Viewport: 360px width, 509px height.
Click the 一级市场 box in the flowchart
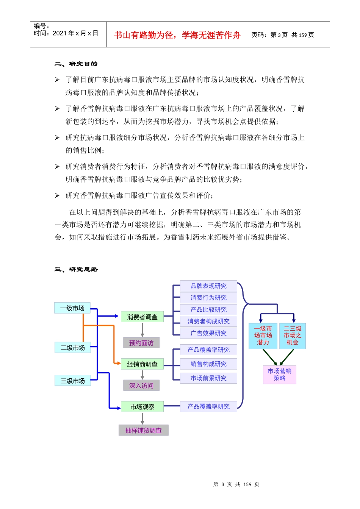pyautogui.click(x=72, y=308)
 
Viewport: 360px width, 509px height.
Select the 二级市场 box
pyautogui.click(x=72, y=348)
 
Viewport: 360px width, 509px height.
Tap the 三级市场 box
pyautogui.click(x=72, y=381)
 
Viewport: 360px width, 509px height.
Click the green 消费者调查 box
pyautogui.click(x=142, y=317)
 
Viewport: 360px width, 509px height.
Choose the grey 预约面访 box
pyautogui.click(x=141, y=343)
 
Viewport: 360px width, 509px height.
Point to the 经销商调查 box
pyautogui.click(x=142, y=364)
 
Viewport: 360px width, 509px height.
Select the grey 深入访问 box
pyautogui.click(x=141, y=386)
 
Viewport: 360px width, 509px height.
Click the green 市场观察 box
pyautogui.click(x=142, y=407)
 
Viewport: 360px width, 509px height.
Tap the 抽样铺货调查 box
pyautogui.click(x=143, y=430)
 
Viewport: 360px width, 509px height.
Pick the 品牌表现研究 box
pyautogui.click(x=208, y=286)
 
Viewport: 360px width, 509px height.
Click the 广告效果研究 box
pyautogui.click(x=208, y=333)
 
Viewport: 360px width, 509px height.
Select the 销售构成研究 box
pyautogui.click(x=208, y=364)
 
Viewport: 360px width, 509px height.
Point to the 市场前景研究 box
pyautogui.click(x=208, y=378)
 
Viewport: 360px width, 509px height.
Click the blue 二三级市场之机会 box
pyautogui.click(x=292, y=336)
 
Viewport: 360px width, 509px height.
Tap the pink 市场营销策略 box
pyautogui.click(x=279, y=375)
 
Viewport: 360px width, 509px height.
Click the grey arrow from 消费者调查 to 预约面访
pyautogui.click(x=142, y=329)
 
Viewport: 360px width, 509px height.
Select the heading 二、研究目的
pyautogui.click(x=76, y=64)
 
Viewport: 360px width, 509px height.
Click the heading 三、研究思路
pyautogui.click(x=76, y=270)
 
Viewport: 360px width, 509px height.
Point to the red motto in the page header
pyautogui.click(x=177, y=35)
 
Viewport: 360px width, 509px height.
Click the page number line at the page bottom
pyautogui.click(x=236, y=484)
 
